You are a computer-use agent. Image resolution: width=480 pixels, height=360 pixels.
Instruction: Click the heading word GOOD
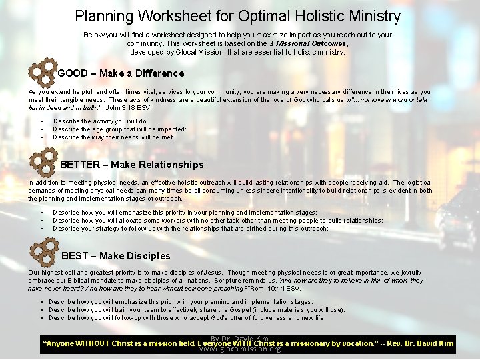pos(73,73)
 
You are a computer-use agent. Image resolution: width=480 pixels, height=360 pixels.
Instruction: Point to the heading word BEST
pos(73,256)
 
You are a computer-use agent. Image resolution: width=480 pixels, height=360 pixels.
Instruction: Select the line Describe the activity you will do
pos(100,121)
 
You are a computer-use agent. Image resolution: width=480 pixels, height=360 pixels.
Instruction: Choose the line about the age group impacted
pos(119,129)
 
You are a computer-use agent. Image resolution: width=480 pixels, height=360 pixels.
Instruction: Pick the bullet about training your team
pos(197,309)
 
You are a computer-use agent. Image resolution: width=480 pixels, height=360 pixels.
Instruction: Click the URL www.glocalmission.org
pos(240,349)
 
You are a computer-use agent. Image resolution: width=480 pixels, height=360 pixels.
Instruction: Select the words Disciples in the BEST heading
pos(148,256)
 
